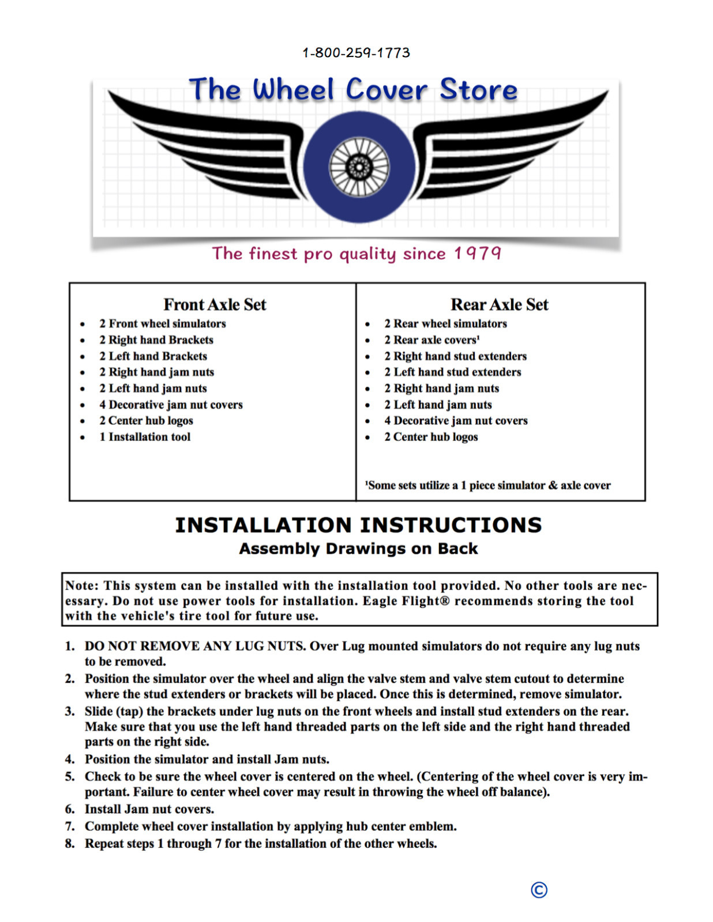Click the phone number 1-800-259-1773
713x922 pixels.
[356, 53]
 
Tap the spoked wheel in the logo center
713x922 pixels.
[359, 168]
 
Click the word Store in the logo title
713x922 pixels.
[478, 90]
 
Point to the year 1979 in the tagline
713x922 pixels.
[477, 253]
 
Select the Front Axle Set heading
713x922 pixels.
[215, 304]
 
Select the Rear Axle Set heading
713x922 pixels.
[499, 304]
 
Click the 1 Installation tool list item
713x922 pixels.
[145, 437]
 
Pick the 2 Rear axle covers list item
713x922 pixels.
[431, 340]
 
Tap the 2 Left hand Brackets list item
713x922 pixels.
[153, 356]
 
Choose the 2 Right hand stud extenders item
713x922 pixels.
[455, 356]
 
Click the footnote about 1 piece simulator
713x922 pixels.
[487, 485]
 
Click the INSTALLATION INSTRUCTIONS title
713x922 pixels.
[358, 525]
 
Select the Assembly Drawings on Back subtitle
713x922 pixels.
[358, 549]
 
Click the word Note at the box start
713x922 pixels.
[80, 585]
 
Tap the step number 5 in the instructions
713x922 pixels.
[70, 777]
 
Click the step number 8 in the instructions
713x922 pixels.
[70, 844]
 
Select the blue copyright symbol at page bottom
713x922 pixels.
[539, 890]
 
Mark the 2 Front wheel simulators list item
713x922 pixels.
[162, 324]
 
